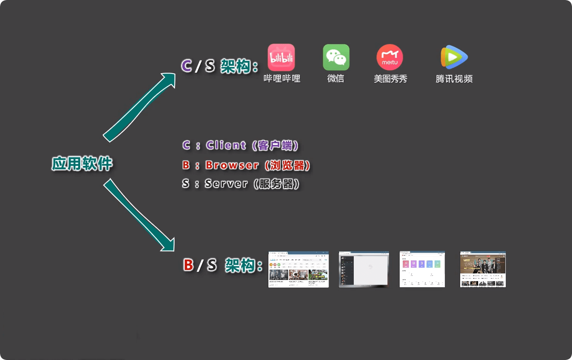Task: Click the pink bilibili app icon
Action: click(x=281, y=57)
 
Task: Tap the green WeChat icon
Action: click(x=336, y=57)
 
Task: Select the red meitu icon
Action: click(x=390, y=57)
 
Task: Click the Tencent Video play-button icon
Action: click(x=454, y=57)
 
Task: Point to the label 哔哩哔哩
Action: click(x=282, y=79)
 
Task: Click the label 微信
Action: click(x=336, y=79)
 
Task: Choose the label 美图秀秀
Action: click(x=390, y=79)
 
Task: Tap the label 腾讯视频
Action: click(x=454, y=79)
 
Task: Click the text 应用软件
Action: click(x=82, y=164)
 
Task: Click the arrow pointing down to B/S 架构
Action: click(x=139, y=215)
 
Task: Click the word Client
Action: click(x=226, y=145)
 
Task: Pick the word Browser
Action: click(x=232, y=165)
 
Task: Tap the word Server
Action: click(x=226, y=183)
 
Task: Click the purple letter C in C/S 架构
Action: click(x=186, y=66)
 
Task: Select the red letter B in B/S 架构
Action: click(x=188, y=265)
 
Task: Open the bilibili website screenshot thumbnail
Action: click(x=299, y=269)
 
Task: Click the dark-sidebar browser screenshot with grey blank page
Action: click(x=364, y=269)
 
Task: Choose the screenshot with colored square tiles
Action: click(x=422, y=269)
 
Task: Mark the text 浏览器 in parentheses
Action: click(x=287, y=165)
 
